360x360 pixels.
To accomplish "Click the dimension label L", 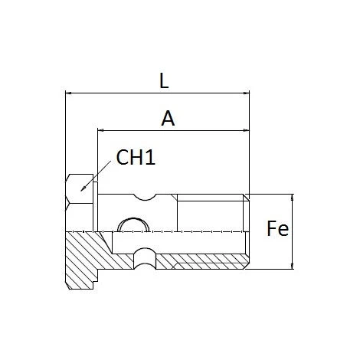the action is click(164, 81).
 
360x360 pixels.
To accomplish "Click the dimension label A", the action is click(168, 119).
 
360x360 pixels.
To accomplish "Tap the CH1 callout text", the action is click(136, 157).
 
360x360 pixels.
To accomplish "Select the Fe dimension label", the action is click(277, 228).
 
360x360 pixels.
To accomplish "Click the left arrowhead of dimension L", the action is click(68, 93).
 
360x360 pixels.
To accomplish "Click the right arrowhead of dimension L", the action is click(246, 93).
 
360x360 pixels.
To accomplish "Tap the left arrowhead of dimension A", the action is click(100, 130).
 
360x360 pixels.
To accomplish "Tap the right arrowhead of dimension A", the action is click(246, 130).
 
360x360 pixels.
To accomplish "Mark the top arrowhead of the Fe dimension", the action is click(293, 197).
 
